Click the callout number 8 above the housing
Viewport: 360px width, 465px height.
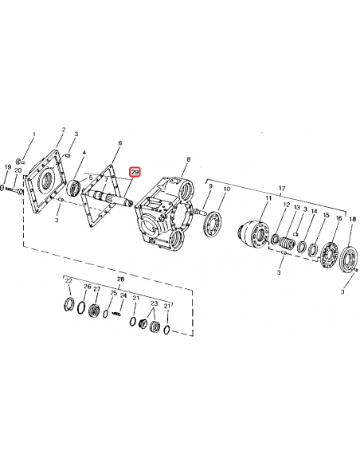(187, 160)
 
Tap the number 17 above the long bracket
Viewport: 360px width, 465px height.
(280, 189)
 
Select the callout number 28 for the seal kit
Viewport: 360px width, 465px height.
(120, 279)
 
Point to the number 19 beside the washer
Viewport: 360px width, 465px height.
(8, 167)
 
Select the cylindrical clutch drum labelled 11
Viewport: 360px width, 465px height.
(258, 234)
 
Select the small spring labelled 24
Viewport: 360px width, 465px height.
(119, 316)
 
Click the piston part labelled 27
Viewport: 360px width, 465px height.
(95, 311)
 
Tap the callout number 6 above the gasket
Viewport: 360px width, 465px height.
(119, 144)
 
